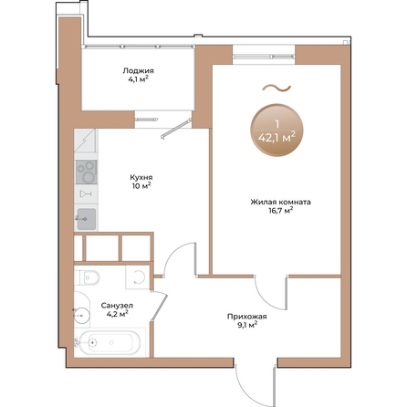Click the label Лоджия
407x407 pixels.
(140, 70)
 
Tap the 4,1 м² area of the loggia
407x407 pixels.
(140, 79)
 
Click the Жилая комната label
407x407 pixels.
(275, 202)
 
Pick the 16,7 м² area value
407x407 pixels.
(275, 211)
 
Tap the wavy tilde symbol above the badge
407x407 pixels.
(275, 89)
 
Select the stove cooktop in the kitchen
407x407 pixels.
(86, 170)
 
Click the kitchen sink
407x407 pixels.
(86, 217)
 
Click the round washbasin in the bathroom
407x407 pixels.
(83, 315)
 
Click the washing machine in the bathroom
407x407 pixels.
(138, 277)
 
